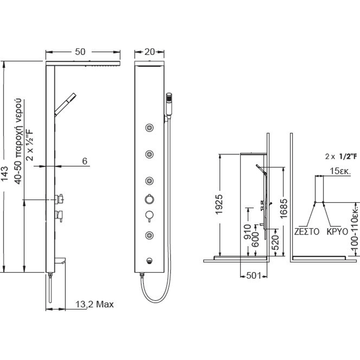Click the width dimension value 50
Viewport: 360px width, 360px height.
click(80, 51)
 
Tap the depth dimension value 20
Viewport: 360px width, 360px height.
click(150, 51)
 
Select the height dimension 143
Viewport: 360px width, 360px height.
click(5, 174)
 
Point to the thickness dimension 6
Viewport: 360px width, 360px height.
click(85, 161)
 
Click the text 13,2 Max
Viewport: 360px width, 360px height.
click(95, 304)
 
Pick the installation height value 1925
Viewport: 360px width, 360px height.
click(219, 204)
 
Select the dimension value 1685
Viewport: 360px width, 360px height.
click(283, 208)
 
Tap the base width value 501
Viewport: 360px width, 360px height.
click(254, 275)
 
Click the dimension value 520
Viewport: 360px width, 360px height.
click(276, 242)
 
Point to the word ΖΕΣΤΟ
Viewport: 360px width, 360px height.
click(307, 231)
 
